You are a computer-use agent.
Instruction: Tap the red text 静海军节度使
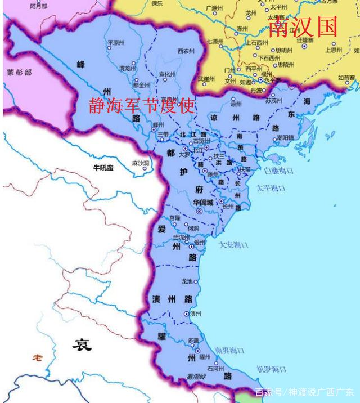tap(141, 105)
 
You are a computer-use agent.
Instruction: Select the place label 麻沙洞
tap(139, 163)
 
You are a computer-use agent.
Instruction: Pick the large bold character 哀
tap(81, 344)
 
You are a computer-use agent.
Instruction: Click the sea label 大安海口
tap(233, 245)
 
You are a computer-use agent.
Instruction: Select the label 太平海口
tap(272, 187)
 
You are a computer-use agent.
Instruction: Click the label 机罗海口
tap(272, 369)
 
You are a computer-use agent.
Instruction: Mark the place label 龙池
tap(187, 281)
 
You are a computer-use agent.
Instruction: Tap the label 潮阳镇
tap(285, 137)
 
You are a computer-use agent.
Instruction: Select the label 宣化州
tap(167, 74)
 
